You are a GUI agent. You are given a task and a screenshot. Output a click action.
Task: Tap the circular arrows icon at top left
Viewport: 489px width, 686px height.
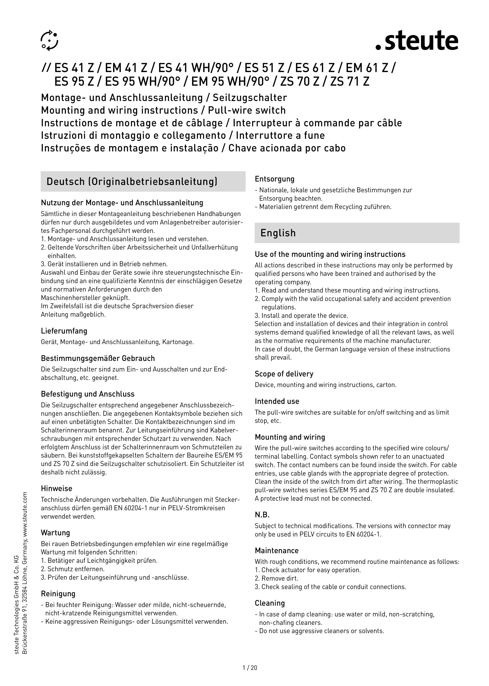click(50, 40)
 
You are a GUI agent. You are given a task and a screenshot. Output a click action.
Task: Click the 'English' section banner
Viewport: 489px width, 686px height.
click(278, 233)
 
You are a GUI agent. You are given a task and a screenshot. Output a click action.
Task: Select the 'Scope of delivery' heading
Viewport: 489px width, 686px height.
click(284, 374)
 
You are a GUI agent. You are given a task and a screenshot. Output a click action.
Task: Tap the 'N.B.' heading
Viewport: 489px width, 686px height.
click(262, 514)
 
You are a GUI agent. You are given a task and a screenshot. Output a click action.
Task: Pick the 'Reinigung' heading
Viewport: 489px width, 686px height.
click(58, 594)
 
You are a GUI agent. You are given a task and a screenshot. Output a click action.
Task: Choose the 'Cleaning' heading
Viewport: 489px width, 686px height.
click(270, 603)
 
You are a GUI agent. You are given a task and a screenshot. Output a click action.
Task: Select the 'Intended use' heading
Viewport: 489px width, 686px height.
click(277, 401)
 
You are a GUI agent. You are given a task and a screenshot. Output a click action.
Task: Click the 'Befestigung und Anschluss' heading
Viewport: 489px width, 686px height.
click(88, 394)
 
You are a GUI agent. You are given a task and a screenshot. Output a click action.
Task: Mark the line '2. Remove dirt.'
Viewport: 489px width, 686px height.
click(276, 578)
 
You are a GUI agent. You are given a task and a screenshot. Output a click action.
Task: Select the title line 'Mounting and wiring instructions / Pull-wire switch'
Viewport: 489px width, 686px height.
click(163, 110)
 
